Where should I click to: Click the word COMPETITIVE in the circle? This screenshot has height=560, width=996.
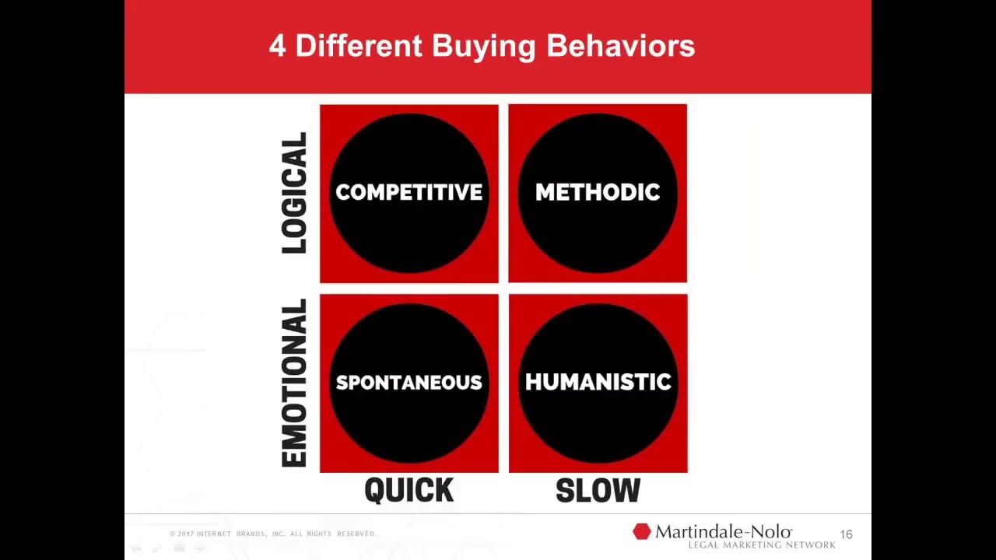pyautogui.click(x=409, y=192)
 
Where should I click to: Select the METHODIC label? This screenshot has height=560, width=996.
pyautogui.click(x=598, y=192)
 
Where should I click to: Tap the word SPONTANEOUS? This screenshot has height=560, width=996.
pyautogui.click(x=409, y=382)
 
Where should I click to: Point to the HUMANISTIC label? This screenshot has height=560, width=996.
pyautogui.click(x=598, y=382)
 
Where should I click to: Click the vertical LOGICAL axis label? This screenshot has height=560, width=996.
pyautogui.click(x=295, y=193)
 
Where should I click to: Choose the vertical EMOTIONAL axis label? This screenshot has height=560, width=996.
pyautogui.click(x=295, y=383)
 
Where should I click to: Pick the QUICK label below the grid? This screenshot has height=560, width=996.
pyautogui.click(x=409, y=490)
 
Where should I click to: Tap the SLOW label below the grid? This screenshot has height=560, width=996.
pyautogui.click(x=598, y=490)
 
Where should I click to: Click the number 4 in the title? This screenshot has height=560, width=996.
pyautogui.click(x=278, y=46)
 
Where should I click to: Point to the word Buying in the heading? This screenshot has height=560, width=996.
pyautogui.click(x=484, y=47)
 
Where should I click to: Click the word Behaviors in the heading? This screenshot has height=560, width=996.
pyautogui.click(x=620, y=46)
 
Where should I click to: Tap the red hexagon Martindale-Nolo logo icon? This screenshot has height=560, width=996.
pyautogui.click(x=641, y=532)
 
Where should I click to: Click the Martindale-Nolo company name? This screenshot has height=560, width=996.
pyautogui.click(x=724, y=532)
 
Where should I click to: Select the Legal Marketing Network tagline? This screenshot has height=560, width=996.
pyautogui.click(x=762, y=545)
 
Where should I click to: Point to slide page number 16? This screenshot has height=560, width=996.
pyautogui.click(x=846, y=534)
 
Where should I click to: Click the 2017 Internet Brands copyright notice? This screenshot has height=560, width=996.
pyautogui.click(x=273, y=534)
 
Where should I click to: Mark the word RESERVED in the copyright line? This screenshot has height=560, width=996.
pyautogui.click(x=356, y=534)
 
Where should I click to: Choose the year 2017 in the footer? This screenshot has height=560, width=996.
pyautogui.click(x=185, y=534)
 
